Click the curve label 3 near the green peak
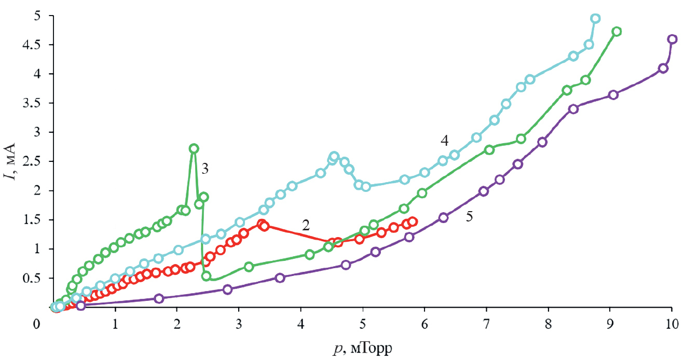(x=206, y=168)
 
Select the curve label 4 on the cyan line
(x=444, y=140)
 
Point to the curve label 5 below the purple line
(x=469, y=216)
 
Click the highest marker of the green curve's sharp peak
(x=194, y=148)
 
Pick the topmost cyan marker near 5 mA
(x=595, y=19)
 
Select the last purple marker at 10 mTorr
(x=672, y=39)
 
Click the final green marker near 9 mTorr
(x=617, y=32)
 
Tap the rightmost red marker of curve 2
(x=413, y=221)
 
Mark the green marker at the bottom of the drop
(x=206, y=276)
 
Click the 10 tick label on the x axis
(x=672, y=324)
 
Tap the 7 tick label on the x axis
(x=486, y=324)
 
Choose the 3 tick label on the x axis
(x=239, y=324)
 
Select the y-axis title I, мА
(x=11, y=161)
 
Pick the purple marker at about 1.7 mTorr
(x=159, y=298)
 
